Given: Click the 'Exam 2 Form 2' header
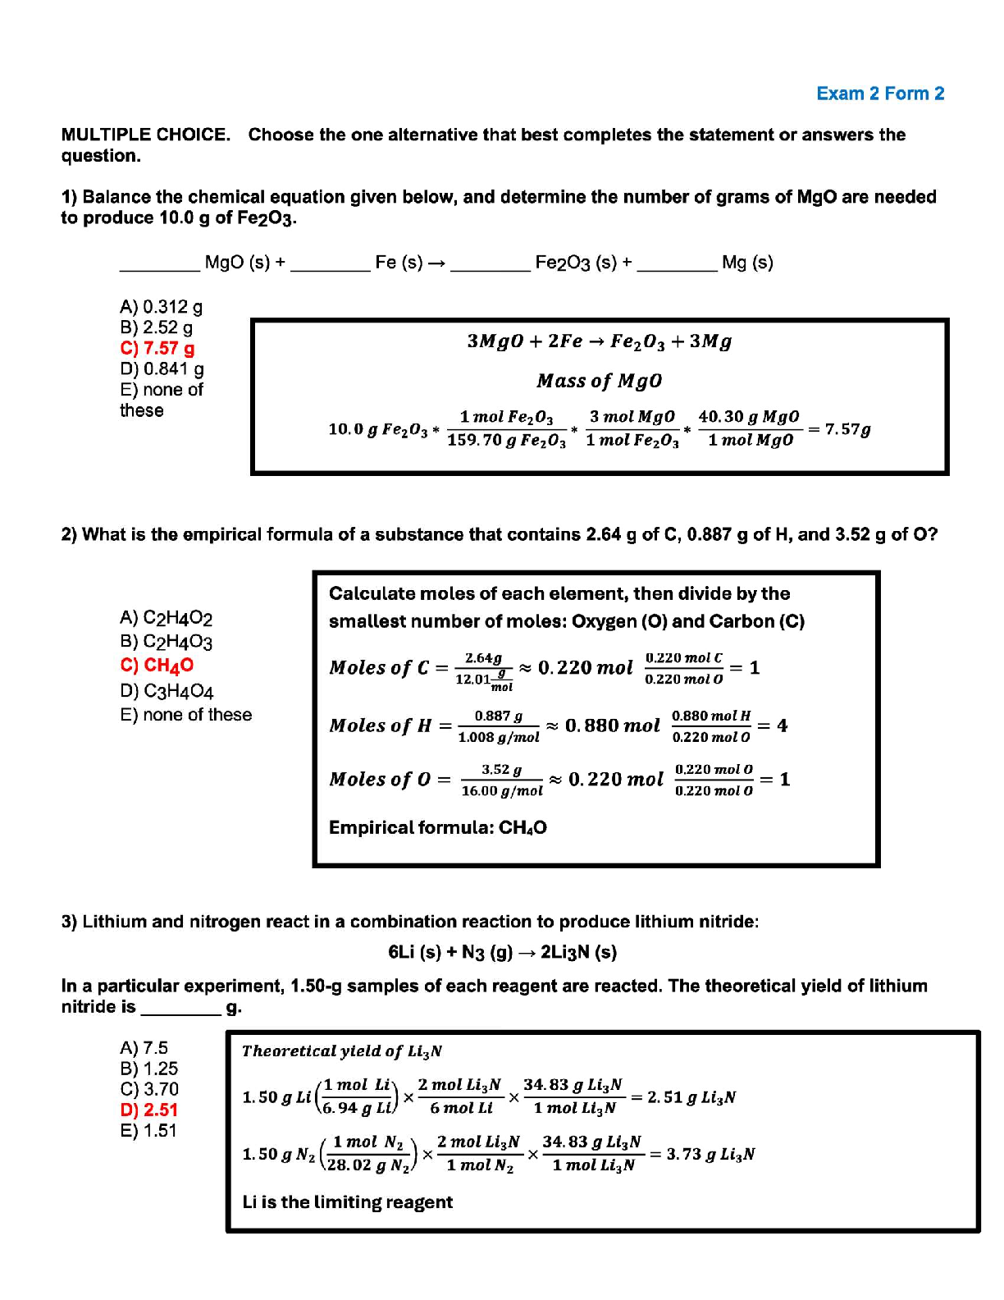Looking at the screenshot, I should (x=879, y=94).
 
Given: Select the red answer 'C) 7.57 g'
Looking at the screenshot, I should (x=157, y=348).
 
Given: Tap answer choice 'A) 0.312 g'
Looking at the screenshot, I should (x=161, y=307).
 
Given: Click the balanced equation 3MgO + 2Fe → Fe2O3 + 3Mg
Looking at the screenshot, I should (x=599, y=341).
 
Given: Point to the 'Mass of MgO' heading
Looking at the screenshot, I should (x=599, y=381).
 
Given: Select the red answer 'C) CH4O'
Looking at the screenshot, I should (x=157, y=666).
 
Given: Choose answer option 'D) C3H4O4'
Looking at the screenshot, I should (x=167, y=691).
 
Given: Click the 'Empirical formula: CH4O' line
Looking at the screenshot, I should (x=437, y=827).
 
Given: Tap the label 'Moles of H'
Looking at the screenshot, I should (x=381, y=726).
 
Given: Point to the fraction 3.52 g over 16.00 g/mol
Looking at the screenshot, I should (x=501, y=780).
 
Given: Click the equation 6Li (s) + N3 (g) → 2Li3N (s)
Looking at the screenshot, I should (x=502, y=952).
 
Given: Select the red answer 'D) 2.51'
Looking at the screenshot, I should (x=148, y=1110).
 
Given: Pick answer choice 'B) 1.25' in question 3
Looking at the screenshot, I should (x=148, y=1069).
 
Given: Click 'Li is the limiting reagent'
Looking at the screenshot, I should (x=347, y=1202).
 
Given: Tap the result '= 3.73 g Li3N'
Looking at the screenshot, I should (x=702, y=1154).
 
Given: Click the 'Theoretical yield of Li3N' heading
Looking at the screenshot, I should (x=342, y=1051).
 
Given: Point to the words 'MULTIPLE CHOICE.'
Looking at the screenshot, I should (x=146, y=135).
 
